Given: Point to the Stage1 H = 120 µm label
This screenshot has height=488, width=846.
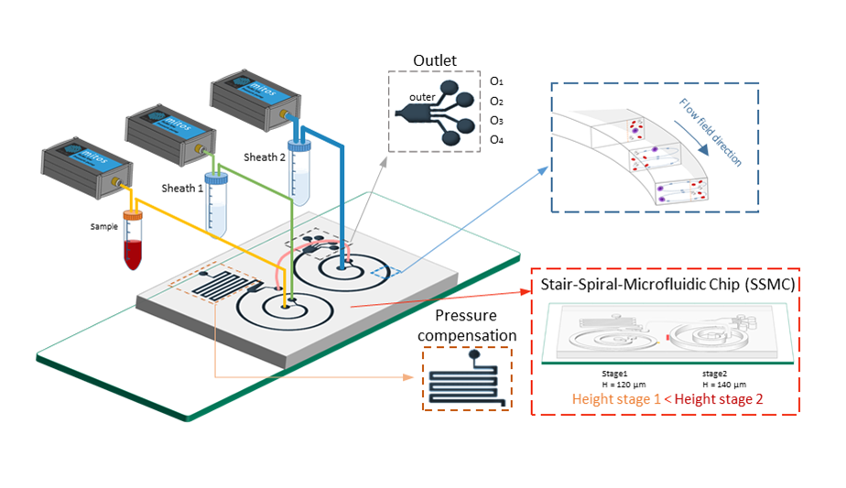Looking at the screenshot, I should point(612,379).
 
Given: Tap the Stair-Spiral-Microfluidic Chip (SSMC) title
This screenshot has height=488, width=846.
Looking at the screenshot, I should point(667,284).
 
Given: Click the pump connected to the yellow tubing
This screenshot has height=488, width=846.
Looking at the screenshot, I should point(84,166).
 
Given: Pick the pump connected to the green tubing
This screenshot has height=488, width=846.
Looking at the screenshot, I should point(169,129).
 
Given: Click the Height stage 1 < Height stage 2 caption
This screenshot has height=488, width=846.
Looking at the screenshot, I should point(666,398).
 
